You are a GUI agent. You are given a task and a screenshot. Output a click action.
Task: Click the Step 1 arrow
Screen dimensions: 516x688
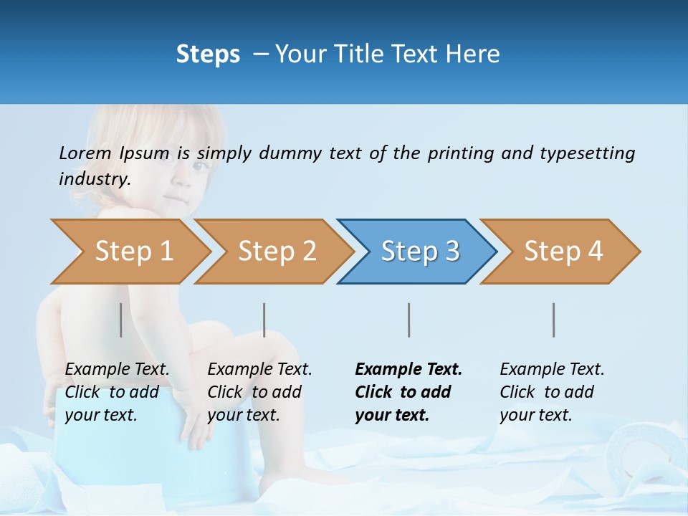[x=133, y=252]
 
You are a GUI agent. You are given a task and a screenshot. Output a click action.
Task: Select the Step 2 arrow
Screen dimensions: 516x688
[x=276, y=252]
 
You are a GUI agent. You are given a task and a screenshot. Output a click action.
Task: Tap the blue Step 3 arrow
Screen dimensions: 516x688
[x=419, y=252]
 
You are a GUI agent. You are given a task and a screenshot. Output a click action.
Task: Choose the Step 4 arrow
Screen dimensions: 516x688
[x=563, y=252]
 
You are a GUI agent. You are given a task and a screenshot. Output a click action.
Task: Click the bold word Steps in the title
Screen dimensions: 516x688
[x=208, y=54]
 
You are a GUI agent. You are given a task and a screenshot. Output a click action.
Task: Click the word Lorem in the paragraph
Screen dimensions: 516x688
[x=85, y=153]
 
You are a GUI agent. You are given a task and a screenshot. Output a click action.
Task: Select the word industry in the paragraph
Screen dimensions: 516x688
[x=94, y=179]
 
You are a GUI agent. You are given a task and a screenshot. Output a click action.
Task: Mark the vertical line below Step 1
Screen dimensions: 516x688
[x=121, y=320]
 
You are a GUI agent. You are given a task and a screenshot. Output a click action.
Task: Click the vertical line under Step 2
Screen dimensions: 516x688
[x=264, y=320]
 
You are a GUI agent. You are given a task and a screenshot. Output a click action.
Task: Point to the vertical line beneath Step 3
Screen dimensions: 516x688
[x=408, y=320]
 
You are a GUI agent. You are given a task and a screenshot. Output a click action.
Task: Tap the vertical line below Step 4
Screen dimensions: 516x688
[x=553, y=320]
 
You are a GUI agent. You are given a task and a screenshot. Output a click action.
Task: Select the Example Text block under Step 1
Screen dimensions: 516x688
[x=117, y=392]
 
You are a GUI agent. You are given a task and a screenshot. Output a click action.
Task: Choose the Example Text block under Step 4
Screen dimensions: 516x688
[x=552, y=392]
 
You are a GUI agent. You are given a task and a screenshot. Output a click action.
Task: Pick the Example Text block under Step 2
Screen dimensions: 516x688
[x=259, y=392]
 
